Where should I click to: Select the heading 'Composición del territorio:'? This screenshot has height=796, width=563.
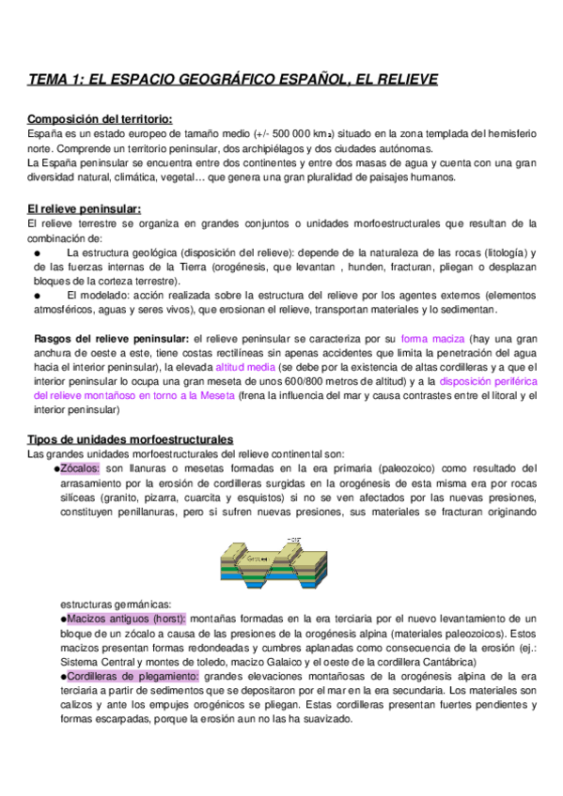point(101,119)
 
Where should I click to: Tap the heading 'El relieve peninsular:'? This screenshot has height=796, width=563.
point(86,207)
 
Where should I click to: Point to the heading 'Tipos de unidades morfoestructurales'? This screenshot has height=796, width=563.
point(131,439)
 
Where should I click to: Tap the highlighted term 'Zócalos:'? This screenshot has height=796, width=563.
point(79,469)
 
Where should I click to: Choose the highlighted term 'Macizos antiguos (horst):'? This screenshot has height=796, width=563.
point(123,619)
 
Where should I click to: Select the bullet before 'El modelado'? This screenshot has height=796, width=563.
point(37,295)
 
